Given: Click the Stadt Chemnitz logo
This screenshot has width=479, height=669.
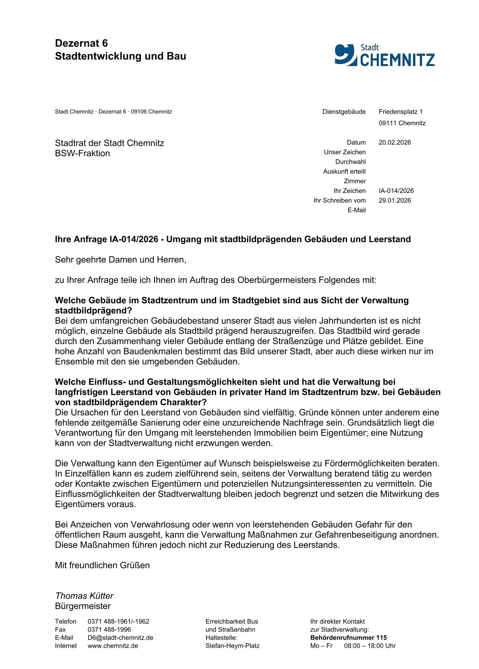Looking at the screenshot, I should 384,55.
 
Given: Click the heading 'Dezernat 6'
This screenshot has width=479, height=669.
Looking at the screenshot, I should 81,43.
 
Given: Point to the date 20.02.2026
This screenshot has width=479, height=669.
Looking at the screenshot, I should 394,143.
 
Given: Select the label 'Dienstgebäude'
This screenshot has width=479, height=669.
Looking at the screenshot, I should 344,112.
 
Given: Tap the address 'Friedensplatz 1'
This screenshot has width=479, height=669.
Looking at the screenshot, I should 401,112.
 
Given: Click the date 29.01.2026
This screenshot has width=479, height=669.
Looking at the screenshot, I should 394,201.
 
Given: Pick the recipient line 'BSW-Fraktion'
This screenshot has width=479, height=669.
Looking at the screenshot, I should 82,153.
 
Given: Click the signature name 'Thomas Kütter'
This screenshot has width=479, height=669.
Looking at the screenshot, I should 84,596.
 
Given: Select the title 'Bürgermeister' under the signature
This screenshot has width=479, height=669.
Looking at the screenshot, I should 83,606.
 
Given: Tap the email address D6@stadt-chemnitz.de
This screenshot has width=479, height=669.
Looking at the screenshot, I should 120,638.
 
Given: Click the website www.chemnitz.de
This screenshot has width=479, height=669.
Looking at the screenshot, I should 113,646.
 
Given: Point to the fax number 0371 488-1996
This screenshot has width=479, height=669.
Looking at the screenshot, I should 109,630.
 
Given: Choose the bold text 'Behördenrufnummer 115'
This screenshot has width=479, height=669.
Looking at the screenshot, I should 348,638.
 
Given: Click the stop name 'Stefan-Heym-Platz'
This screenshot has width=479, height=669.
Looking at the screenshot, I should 232,646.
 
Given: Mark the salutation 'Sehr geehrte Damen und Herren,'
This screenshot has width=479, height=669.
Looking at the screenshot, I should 120,260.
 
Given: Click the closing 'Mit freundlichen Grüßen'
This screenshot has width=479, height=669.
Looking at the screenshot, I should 102,565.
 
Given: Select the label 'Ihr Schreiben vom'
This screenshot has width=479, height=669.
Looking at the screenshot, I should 339,201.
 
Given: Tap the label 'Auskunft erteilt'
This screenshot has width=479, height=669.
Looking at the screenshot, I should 344,172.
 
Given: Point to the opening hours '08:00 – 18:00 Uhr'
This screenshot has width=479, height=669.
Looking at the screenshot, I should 370,646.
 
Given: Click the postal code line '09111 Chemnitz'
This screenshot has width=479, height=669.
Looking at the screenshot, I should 402,123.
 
